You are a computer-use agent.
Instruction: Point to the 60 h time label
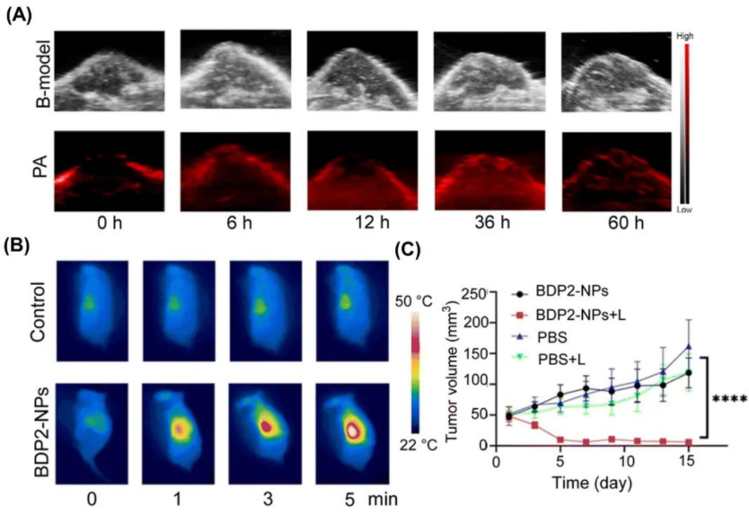[x=615, y=224]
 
